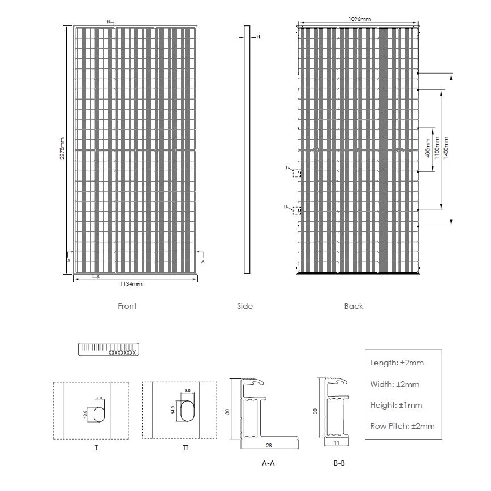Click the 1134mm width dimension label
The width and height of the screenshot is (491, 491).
click(x=131, y=283)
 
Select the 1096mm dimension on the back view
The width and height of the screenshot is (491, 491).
click(x=360, y=19)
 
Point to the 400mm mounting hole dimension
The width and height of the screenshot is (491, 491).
click(x=428, y=149)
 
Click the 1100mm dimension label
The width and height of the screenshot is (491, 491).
click(x=436, y=149)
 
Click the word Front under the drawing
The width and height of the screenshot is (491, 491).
click(x=127, y=306)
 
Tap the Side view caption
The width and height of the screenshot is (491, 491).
click(x=245, y=306)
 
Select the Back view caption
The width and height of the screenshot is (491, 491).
click(x=354, y=306)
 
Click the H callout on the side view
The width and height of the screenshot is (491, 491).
click(x=258, y=37)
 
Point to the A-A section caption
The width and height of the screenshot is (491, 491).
click(x=268, y=463)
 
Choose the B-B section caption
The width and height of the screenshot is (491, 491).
click(x=339, y=463)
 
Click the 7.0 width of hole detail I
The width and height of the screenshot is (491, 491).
click(x=99, y=398)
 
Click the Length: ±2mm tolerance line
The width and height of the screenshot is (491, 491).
click(x=397, y=363)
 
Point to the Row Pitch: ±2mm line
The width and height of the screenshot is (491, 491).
click(x=402, y=426)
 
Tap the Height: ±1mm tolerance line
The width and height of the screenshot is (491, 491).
click(x=396, y=405)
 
